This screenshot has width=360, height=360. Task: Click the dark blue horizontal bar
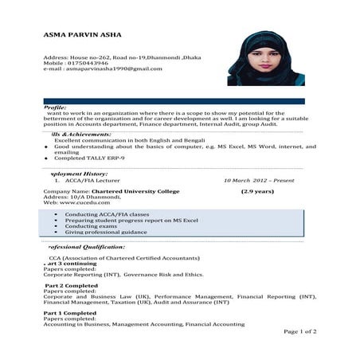174,101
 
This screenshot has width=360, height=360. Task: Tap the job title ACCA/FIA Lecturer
93,181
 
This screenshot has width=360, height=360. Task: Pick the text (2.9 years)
258,192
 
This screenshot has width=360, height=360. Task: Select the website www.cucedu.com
72,204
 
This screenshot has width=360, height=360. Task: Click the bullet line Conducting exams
92,226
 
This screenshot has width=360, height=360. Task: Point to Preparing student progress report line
131,220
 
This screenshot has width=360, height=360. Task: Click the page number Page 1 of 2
299,331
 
